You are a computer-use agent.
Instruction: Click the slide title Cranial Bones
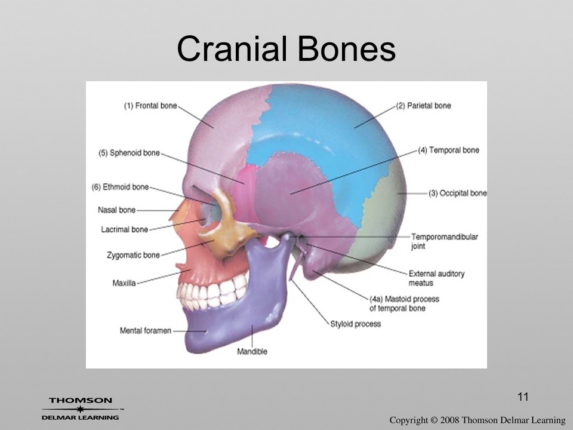(x=286, y=49)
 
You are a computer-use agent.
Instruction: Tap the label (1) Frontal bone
(x=150, y=106)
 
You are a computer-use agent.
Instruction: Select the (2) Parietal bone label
(x=424, y=106)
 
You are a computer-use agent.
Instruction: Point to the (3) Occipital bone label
(x=458, y=193)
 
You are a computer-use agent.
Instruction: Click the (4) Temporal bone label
(x=449, y=150)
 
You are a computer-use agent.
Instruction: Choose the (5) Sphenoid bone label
(x=130, y=153)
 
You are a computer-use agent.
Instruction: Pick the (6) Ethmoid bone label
(x=120, y=187)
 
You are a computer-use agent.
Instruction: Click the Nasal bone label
(x=116, y=210)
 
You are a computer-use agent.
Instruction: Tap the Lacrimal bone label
(x=125, y=229)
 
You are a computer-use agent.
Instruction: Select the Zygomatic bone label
(x=133, y=255)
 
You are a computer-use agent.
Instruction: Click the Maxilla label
(x=124, y=283)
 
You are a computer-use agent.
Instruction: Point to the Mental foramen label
(x=146, y=330)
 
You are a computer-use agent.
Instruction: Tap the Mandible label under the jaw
(x=252, y=351)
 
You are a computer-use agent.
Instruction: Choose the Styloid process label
(x=356, y=324)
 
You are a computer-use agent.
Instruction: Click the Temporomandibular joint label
(x=445, y=241)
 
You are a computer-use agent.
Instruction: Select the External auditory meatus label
(x=436, y=278)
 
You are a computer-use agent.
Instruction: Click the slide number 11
(x=523, y=397)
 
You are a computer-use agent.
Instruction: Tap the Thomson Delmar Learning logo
(x=81, y=408)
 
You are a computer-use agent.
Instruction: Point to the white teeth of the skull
(x=211, y=291)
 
